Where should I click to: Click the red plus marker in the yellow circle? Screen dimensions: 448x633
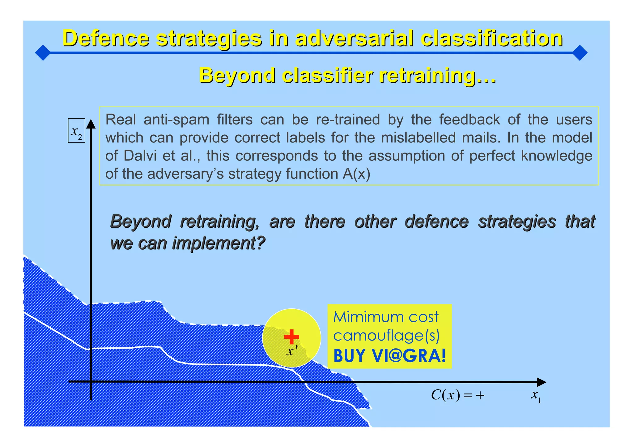click(291, 337)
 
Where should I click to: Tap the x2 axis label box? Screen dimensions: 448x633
click(76, 131)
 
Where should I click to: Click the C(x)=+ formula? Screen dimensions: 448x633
click(457, 395)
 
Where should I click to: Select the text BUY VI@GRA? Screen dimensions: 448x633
click(390, 356)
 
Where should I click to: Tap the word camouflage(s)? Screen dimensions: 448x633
click(386, 336)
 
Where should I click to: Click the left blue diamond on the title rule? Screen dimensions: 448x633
click(43, 53)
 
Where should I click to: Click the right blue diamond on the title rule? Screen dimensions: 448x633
click(580, 53)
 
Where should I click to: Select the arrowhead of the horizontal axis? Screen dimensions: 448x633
click(541, 382)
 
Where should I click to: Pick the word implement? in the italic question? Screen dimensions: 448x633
click(219, 243)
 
